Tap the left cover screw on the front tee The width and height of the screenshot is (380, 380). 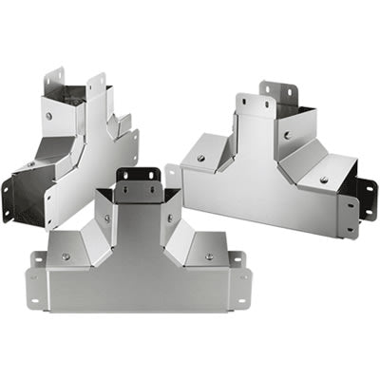click(66, 256)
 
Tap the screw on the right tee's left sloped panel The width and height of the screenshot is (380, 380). click(200, 158)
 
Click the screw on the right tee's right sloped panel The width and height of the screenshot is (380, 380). click(324, 180)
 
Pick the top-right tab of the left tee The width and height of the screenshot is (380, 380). click(95, 84)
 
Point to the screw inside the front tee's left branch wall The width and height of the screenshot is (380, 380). click(106, 218)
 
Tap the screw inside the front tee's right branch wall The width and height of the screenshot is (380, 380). click(170, 218)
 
